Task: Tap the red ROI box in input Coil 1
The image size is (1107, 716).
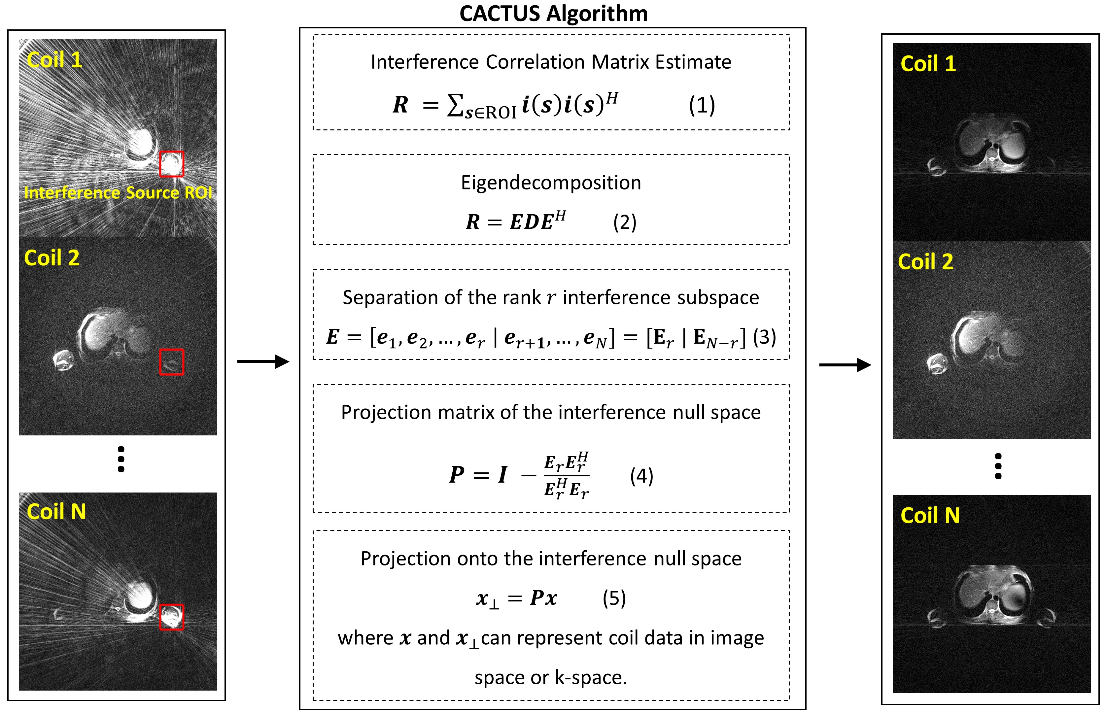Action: (172, 164)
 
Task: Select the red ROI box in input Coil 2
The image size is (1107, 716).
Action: (172, 362)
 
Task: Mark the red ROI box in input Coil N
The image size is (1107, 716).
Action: (172, 617)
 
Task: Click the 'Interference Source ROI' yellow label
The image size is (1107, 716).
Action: (118, 192)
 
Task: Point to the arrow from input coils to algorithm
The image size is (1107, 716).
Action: (263, 361)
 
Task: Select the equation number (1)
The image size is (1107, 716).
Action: (702, 105)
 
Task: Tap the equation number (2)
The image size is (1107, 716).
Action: (624, 222)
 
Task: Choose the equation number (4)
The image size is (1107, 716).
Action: (641, 476)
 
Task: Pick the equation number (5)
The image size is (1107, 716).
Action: (614, 598)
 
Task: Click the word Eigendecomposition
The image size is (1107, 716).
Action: (551, 183)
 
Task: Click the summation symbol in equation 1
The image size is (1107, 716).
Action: (455, 105)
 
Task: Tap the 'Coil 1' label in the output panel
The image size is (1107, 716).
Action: (928, 64)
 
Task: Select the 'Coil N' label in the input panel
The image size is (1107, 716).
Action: (56, 512)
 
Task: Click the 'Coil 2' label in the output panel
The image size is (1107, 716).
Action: (925, 262)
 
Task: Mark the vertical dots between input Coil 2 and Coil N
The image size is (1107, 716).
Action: (121, 460)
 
